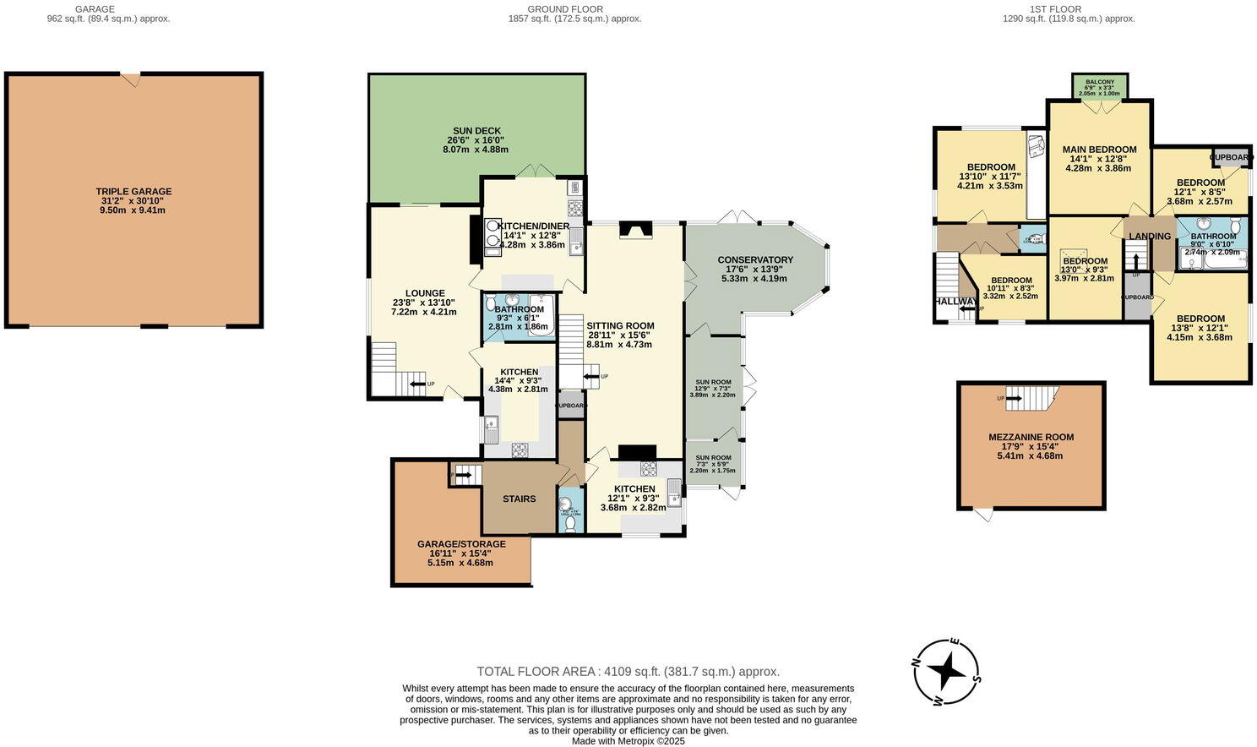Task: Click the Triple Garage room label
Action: coord(133,192)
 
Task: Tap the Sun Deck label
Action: coord(476,130)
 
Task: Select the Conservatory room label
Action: coord(754,259)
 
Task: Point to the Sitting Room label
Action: coord(620,325)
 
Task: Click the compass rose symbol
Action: coord(947,673)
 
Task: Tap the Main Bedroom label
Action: coord(1099,150)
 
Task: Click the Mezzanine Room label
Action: coord(1031,437)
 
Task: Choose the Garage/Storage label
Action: coord(461,544)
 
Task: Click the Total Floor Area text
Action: coord(628,671)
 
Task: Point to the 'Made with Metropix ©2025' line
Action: coord(628,741)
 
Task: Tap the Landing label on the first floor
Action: coord(1150,237)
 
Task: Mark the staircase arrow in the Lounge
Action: coord(418,384)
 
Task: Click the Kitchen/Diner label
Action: coord(533,226)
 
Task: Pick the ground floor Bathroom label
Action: coord(519,309)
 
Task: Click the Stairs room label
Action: coord(519,499)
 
